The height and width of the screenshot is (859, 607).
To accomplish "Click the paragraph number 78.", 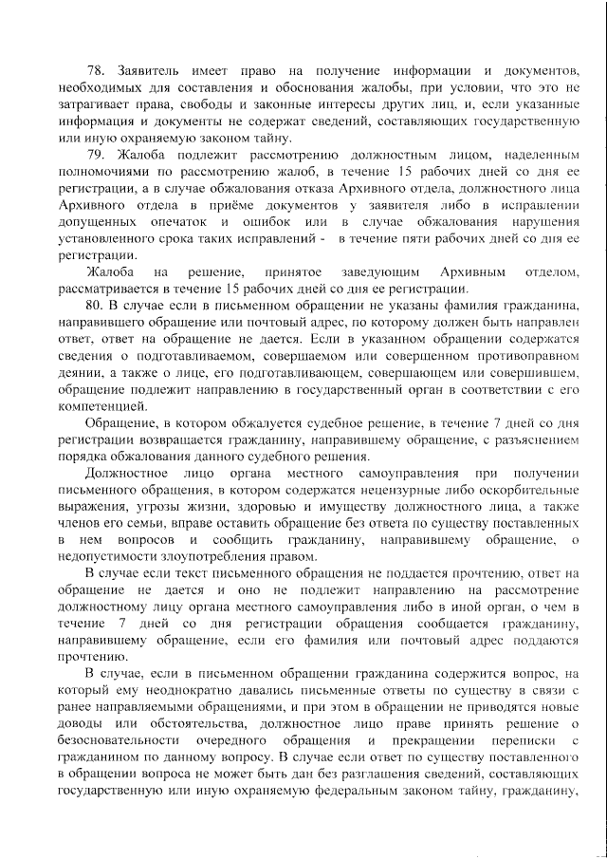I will pos(96,72).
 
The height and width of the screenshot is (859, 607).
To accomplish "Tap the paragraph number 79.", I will pos(96,153).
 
